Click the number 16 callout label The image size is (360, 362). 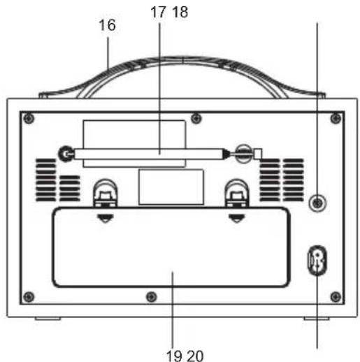point(107,26)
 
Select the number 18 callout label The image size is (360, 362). point(180,12)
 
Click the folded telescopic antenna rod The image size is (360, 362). point(150,152)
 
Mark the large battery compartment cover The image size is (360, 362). point(171,248)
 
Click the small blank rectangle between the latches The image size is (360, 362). point(171,187)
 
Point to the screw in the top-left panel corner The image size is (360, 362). point(29,117)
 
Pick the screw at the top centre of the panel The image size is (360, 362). point(197,116)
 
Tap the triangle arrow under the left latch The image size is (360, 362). point(105,217)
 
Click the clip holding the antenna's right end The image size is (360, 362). point(244,152)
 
